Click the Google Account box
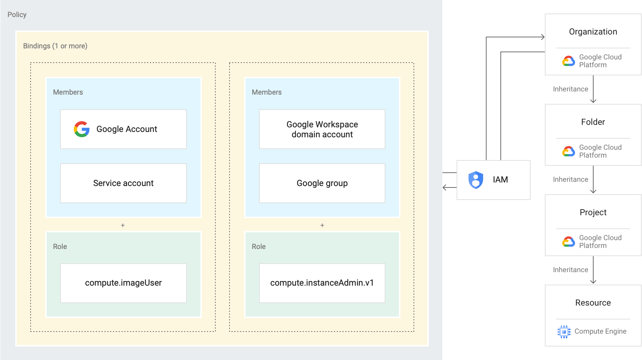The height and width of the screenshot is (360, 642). [123, 129]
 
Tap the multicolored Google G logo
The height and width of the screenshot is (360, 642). [82, 129]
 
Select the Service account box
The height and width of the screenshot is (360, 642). [123, 183]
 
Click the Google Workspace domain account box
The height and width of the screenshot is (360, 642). [322, 129]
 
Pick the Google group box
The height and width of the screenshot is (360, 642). [322, 183]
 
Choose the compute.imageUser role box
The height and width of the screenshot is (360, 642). [123, 283]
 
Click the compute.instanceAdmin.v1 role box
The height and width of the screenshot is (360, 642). [322, 283]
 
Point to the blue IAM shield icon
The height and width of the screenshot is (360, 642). [476, 180]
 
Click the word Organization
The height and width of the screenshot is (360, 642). [593, 32]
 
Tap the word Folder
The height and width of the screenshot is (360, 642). [593, 122]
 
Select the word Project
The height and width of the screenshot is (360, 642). [593, 212]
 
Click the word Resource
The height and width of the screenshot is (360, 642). [593, 303]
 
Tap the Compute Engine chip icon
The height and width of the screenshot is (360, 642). [564, 332]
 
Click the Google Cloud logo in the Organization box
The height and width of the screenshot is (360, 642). [568, 61]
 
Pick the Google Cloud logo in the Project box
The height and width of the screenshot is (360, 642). [568, 242]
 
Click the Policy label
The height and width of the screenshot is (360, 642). [17, 15]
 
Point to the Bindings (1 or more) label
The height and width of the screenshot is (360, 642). [55, 46]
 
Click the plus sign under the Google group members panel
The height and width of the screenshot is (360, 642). [322, 225]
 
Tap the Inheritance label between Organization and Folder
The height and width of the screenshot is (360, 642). [570, 89]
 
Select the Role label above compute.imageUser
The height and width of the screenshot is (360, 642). [60, 247]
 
